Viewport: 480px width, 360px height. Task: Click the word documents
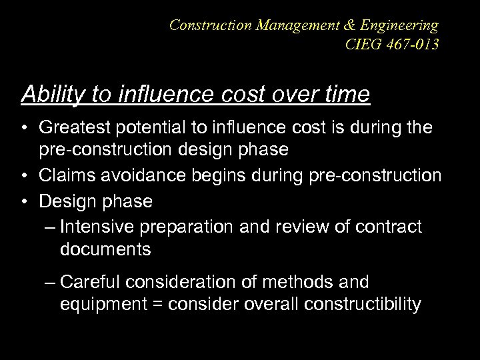pos(105,250)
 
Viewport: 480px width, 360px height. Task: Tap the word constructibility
pos(362,305)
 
